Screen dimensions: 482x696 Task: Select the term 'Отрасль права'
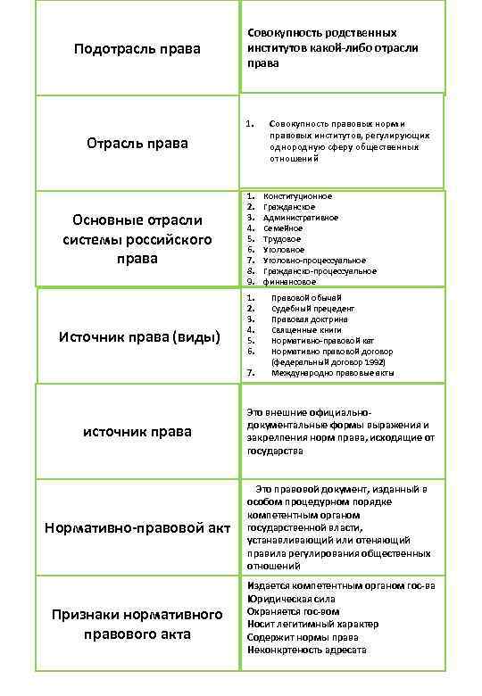(137, 143)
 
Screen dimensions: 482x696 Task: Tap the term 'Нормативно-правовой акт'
(137, 528)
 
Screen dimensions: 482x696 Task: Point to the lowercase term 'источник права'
(137, 432)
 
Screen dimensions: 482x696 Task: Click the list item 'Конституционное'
(297, 196)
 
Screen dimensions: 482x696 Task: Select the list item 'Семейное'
(283, 228)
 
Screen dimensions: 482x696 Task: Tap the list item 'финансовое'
(289, 282)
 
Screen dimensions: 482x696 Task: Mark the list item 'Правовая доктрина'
(310, 319)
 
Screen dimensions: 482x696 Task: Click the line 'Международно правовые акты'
(332, 372)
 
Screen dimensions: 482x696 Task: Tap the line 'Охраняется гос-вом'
(294, 612)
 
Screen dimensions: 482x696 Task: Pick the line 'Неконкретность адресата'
(307, 650)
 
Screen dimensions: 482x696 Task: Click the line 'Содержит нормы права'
(303, 638)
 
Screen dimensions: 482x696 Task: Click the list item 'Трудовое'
(282, 239)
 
